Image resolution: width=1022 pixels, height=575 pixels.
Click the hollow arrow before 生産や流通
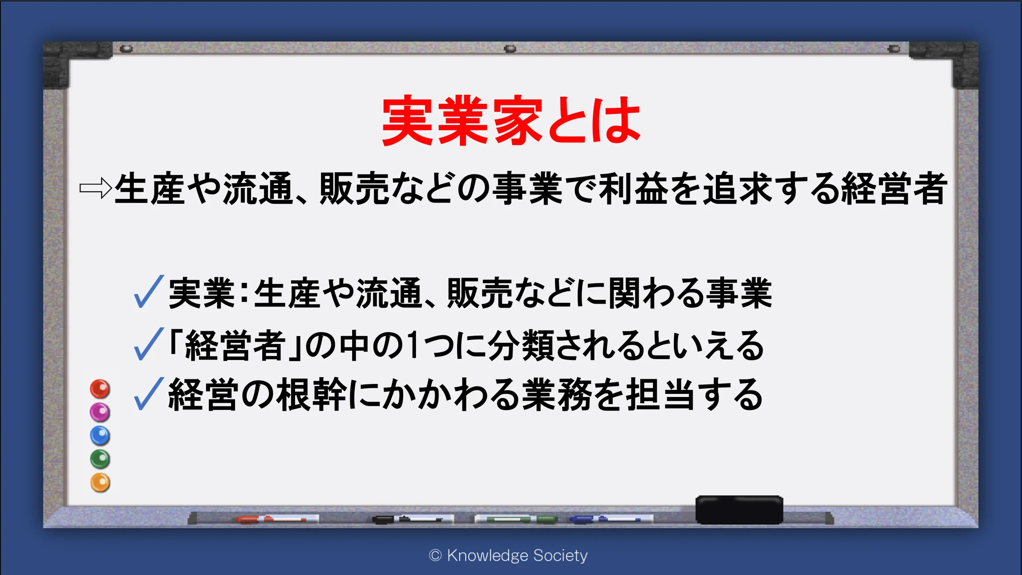(96, 188)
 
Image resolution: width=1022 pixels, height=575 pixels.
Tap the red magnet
(100, 389)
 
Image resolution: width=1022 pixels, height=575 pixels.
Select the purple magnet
(100, 412)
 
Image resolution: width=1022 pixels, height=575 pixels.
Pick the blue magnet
(100, 436)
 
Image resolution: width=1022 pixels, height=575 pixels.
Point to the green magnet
(100, 459)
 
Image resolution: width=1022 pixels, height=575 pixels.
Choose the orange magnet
(100, 482)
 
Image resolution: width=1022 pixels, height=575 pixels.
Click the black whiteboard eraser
(739, 509)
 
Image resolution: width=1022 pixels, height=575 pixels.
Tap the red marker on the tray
(277, 519)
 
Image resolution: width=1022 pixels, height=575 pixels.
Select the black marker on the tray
(413, 519)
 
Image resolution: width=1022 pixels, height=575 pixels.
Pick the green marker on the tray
(516, 519)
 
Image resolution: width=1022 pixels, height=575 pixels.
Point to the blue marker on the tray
(611, 519)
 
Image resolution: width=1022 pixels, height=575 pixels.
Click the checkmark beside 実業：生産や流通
(149, 292)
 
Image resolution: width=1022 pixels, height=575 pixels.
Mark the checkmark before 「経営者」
(149, 344)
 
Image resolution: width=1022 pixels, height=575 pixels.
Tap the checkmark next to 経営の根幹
(149, 394)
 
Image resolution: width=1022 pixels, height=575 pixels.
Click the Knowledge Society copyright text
(508, 555)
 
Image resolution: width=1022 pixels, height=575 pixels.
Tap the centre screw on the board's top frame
(510, 49)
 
